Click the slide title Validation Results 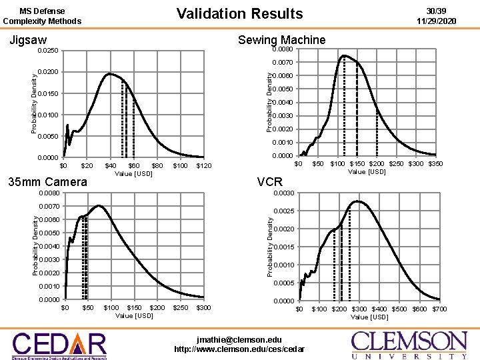coord(239,13)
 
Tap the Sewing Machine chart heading coord(281,40)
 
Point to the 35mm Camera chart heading coord(47,182)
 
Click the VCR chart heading coord(269,181)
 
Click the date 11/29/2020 coord(436,21)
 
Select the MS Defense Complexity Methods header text coord(42,16)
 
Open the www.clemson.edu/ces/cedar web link coord(239,349)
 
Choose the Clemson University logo coord(409,344)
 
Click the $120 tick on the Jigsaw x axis coord(203,165)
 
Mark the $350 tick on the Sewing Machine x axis coord(435,163)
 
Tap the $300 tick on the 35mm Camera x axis coord(203,307)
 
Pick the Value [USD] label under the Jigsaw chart coord(134,173)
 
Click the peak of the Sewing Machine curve coord(344,56)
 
